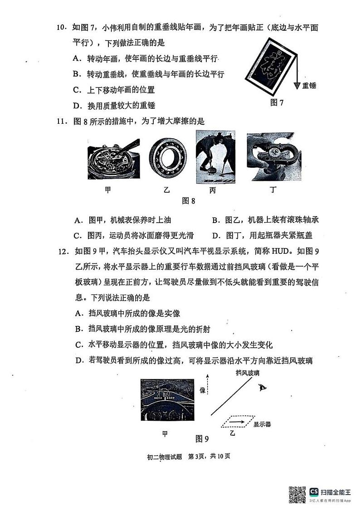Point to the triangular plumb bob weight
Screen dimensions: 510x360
pyautogui.click(x=297, y=86)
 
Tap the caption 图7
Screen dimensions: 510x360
pyautogui.click(x=276, y=103)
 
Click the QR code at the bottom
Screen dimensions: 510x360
pyautogui.click(x=297, y=495)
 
